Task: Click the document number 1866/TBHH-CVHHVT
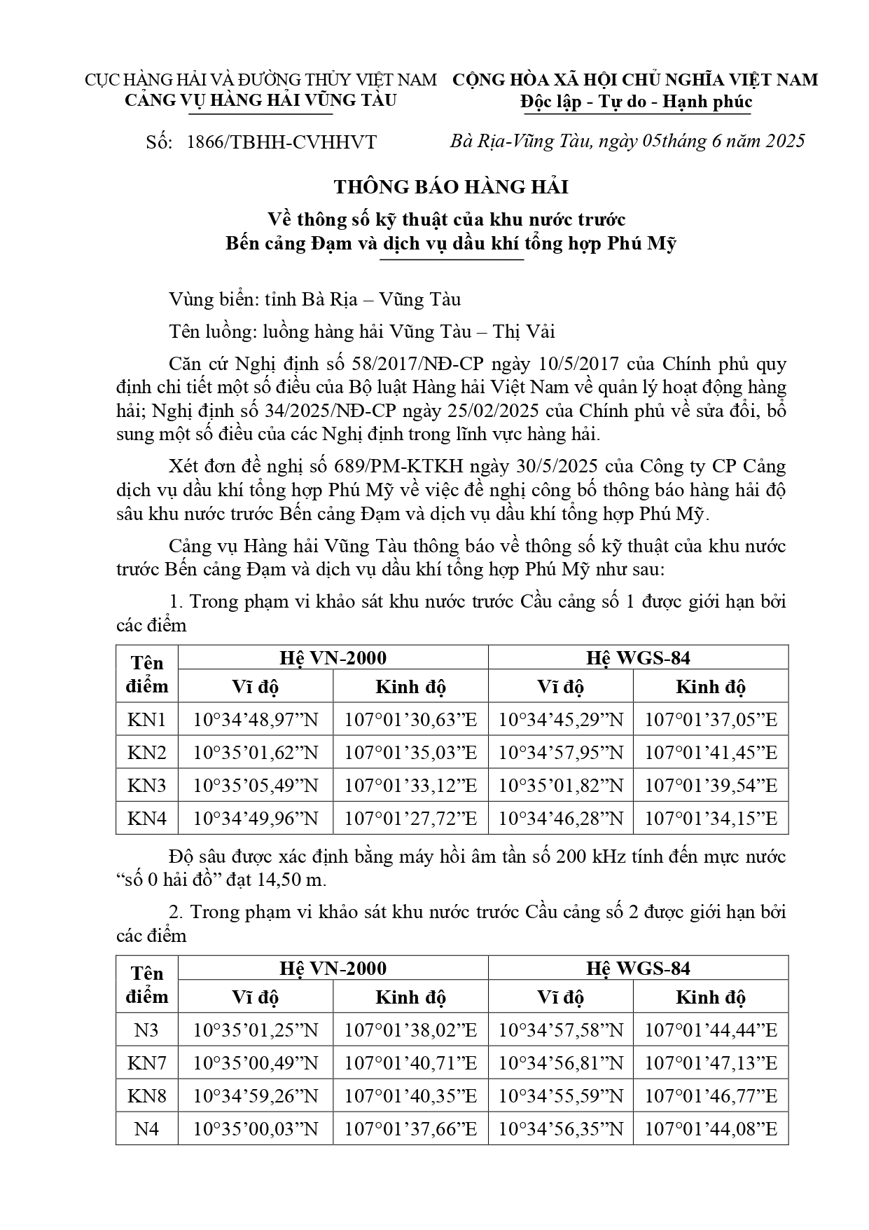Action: [281, 142]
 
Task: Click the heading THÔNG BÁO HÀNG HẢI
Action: [451, 187]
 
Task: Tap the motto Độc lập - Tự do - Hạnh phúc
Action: [636, 102]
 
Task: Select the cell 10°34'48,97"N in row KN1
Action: [256, 720]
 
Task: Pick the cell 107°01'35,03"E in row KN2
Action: [410, 753]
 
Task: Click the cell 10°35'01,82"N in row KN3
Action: [560, 786]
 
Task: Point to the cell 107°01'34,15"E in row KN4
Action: [711, 818]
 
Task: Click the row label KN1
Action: [147, 720]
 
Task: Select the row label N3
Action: [147, 1030]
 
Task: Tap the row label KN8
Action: [147, 1095]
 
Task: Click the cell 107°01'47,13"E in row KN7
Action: [711, 1063]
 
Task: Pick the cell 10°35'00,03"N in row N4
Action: [256, 1128]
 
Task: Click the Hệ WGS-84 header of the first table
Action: [638, 657]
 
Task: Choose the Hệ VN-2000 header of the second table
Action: [333, 968]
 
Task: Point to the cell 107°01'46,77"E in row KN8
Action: [711, 1095]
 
